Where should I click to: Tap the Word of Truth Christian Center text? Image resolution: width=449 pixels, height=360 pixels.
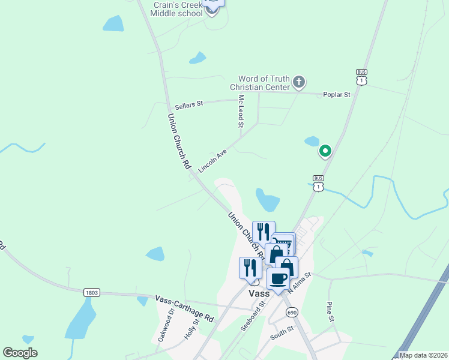[x=264, y=83]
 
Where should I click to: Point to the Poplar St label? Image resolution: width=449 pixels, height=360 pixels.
[x=336, y=95]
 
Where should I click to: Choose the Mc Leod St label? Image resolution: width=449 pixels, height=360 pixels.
[x=241, y=111]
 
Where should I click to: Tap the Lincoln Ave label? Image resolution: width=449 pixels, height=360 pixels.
[x=212, y=161]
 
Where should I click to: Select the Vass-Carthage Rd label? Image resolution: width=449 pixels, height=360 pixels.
[x=184, y=308]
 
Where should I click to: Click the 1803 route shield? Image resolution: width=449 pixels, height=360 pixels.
[x=92, y=292]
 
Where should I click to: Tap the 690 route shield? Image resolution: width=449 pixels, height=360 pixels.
[x=292, y=312]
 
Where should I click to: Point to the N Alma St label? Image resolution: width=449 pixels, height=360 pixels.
[x=300, y=282]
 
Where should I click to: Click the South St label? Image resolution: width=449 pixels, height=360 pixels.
[x=282, y=334]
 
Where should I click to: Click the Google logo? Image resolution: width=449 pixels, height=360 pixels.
[x=20, y=353]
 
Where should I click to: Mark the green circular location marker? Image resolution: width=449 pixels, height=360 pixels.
[x=325, y=151]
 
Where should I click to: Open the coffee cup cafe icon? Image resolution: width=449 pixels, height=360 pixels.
[x=278, y=278]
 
